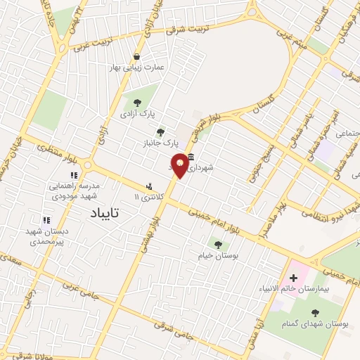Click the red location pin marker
tap(180, 165)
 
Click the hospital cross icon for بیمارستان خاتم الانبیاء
tap(293, 278)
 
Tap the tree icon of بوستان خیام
tap(217, 245)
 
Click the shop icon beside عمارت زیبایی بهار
tap(136, 56)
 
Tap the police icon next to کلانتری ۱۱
tap(148, 186)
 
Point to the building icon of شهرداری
tap(191, 157)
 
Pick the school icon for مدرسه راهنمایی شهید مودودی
tap(72, 175)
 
